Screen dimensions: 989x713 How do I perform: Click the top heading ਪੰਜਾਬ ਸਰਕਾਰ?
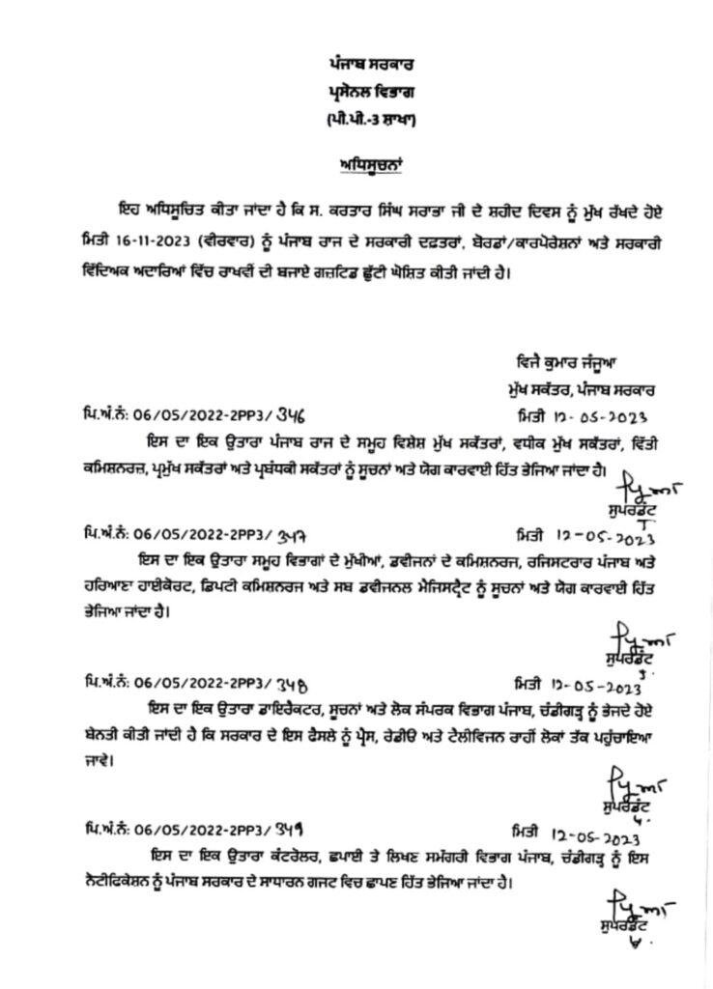pos(359,64)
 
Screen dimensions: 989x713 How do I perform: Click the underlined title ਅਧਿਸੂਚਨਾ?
pos(359,164)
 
